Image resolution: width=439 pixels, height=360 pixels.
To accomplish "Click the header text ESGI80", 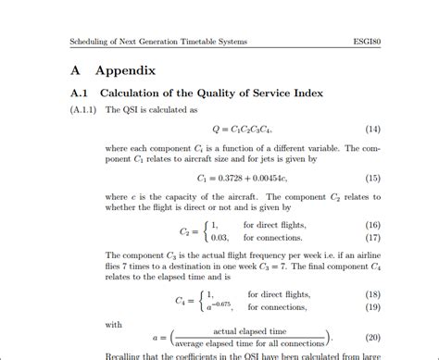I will [369, 42].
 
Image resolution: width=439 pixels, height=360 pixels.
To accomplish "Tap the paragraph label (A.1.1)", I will [85, 110].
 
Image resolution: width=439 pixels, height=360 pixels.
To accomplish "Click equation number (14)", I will [374, 128].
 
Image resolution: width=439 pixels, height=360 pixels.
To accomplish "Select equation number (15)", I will [374, 178].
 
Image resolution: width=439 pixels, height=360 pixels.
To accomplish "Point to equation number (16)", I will [374, 225].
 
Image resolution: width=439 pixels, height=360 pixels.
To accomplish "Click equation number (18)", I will [374, 293].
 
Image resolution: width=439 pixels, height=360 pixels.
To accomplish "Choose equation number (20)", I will [374, 338].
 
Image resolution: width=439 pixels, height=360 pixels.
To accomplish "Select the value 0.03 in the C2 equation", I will [219, 238].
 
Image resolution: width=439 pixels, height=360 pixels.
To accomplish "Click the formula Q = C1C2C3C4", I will [243, 128].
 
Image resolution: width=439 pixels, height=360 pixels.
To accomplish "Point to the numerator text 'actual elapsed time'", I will [250, 331].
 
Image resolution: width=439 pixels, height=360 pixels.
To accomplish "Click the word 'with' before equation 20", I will [113, 325].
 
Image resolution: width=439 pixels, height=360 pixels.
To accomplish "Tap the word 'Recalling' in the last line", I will [126, 354].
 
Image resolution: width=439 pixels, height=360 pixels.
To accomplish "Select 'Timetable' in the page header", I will [197, 42].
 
